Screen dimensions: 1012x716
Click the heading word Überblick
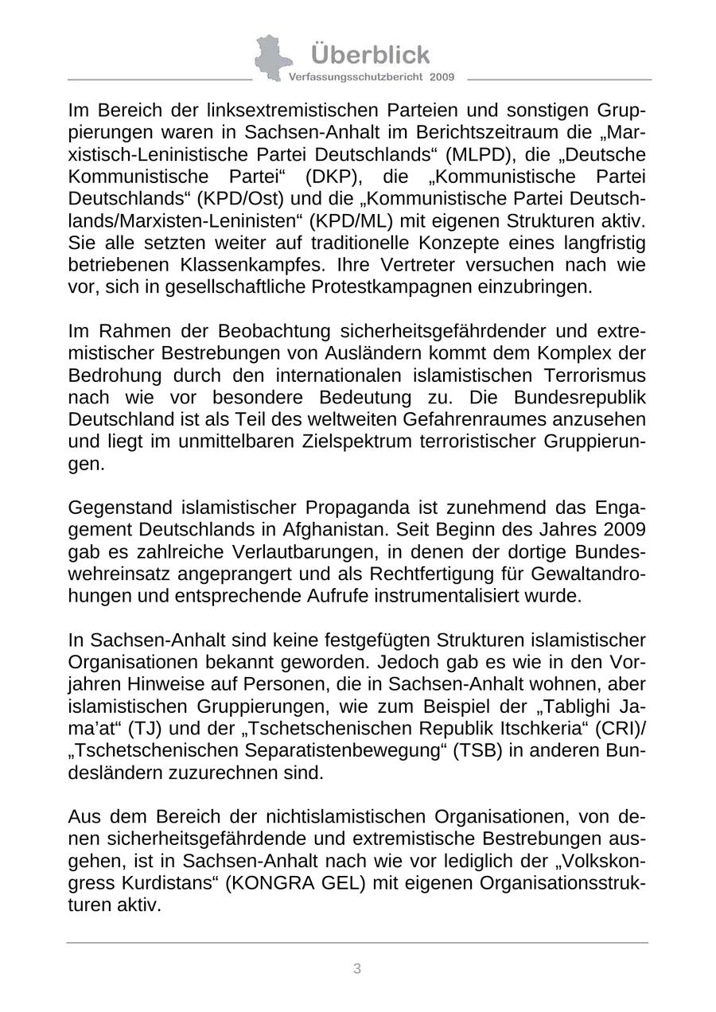point(370,55)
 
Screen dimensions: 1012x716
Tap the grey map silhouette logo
point(272,56)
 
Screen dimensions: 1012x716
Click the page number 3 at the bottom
point(357,968)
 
